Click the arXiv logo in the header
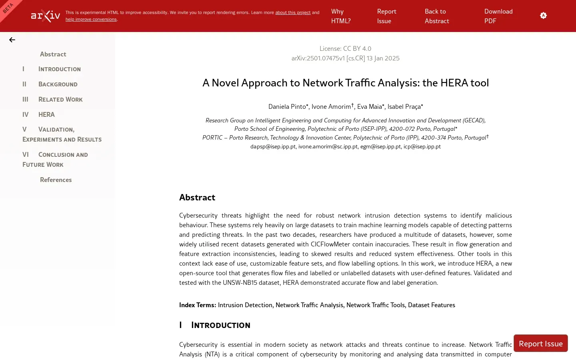click(46, 16)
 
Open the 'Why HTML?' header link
click(341, 16)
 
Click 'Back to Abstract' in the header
click(437, 16)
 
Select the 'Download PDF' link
click(498, 16)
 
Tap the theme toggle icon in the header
click(543, 16)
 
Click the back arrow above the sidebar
click(12, 40)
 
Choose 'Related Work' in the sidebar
click(60, 99)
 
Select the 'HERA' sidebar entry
click(46, 114)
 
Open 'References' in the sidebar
click(56, 180)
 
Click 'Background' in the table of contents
click(58, 84)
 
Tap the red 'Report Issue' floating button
click(540, 343)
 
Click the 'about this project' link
click(293, 13)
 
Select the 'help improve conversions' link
click(91, 20)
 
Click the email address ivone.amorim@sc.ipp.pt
click(328, 146)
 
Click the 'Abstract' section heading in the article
click(197, 197)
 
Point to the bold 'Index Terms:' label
click(198, 305)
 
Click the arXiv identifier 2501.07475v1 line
click(345, 58)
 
